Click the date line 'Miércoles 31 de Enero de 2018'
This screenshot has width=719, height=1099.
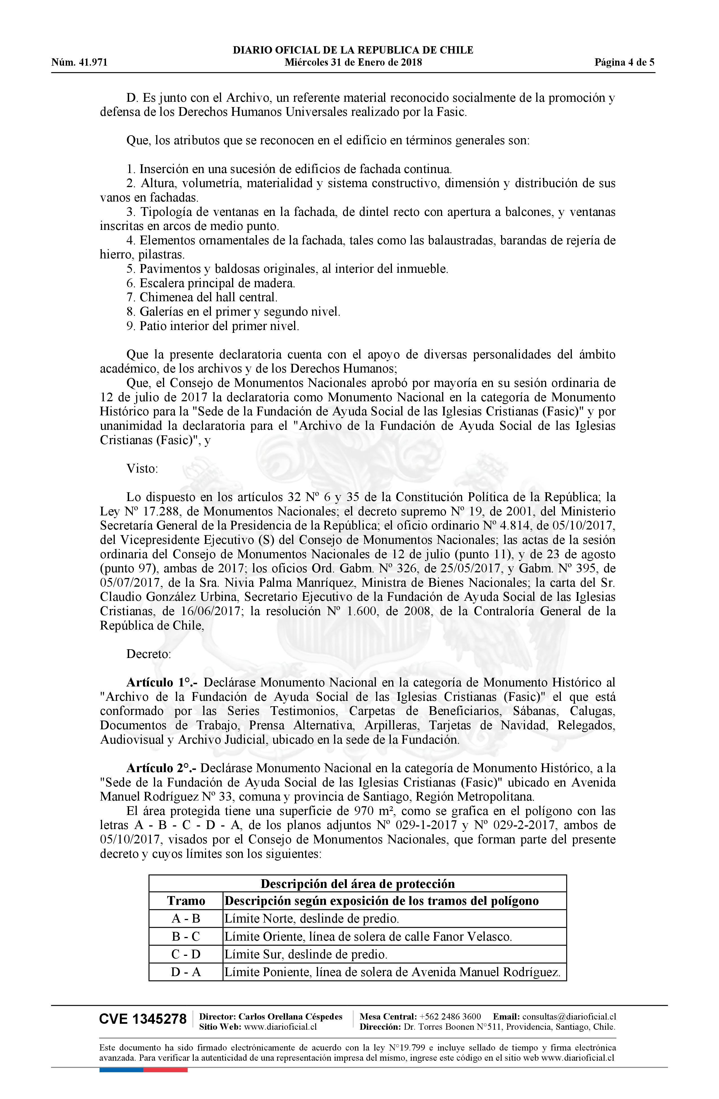pyautogui.click(x=353, y=62)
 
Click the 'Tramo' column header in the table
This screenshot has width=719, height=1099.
pyautogui.click(x=186, y=901)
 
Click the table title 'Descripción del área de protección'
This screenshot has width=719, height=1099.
pyautogui.click(x=358, y=883)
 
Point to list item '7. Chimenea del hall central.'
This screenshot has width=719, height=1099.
pyautogui.click(x=202, y=297)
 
